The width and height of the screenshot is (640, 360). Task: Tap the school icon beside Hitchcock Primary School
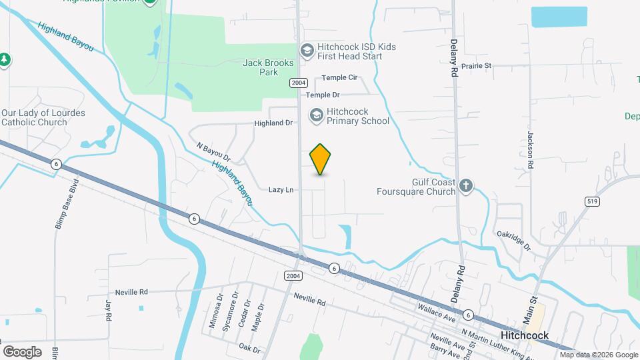[316, 116]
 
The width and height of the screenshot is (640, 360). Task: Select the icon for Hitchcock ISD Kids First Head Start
[307, 51]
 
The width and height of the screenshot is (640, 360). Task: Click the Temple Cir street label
[340, 78]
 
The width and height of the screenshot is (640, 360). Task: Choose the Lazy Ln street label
[281, 190]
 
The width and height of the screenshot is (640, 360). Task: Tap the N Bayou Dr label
[213, 153]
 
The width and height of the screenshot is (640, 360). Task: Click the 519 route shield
[591, 200]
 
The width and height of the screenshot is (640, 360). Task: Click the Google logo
[22, 351]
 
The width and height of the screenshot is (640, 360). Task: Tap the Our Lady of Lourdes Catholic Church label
[43, 117]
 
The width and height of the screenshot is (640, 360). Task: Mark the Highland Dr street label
[273, 123]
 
